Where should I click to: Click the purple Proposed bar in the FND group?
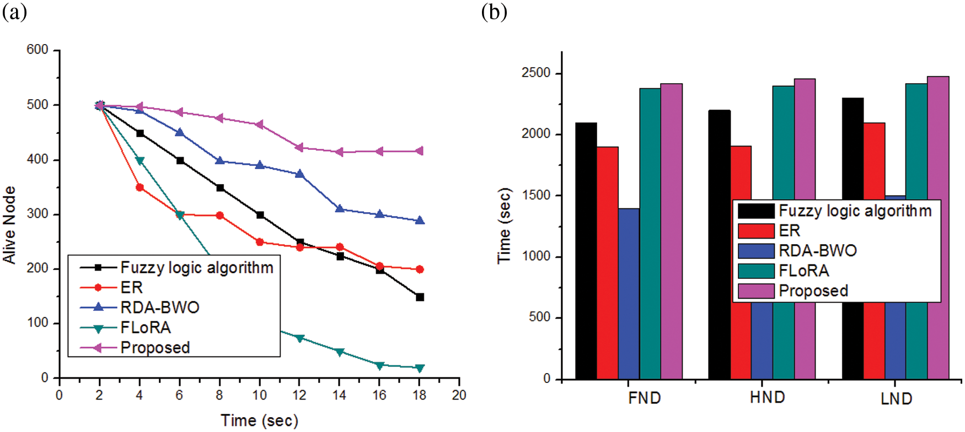[671, 231]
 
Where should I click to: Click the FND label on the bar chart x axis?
[644, 398]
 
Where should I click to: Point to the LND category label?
[896, 398]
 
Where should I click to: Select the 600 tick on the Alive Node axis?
[37, 50]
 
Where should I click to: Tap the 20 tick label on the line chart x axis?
[459, 395]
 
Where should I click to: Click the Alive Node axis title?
[9, 225]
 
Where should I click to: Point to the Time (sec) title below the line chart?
[259, 421]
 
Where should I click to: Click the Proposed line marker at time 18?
[419, 151]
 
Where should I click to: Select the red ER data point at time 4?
[140, 187]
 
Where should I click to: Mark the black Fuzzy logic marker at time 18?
[420, 297]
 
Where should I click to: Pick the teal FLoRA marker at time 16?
[379, 365]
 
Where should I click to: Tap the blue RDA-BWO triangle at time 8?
[219, 161]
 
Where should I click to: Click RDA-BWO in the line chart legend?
[160, 307]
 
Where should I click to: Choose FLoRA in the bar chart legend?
[803, 271]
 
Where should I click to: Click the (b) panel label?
[494, 12]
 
